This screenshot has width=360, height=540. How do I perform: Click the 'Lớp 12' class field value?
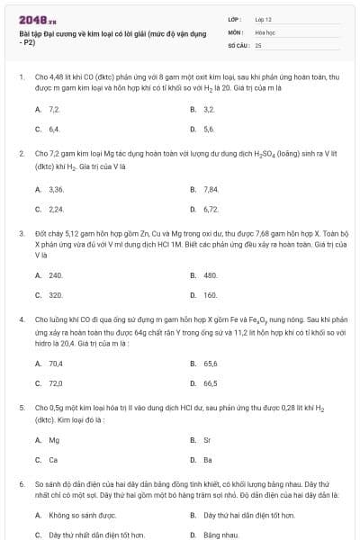pyautogui.click(x=264, y=18)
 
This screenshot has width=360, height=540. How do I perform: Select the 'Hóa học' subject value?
pyautogui.click(x=265, y=31)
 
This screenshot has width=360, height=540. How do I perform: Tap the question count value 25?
pyautogui.click(x=258, y=44)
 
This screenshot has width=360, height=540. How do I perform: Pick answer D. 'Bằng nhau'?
pyautogui.click(x=220, y=535)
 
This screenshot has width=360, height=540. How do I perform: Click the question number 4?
pyautogui.click(x=21, y=319)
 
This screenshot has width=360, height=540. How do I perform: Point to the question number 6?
pyautogui.click(x=21, y=483)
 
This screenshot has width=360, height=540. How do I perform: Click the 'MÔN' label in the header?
pyautogui.click(x=232, y=31)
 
